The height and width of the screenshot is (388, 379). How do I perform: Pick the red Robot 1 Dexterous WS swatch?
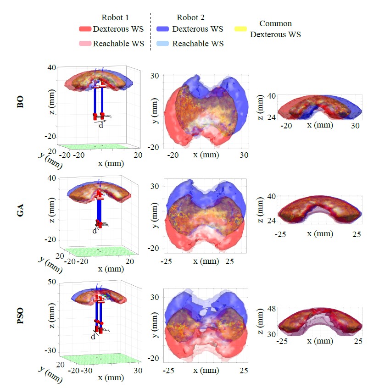(x=85, y=29)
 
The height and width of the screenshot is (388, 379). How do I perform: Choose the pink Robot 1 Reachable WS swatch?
(x=85, y=44)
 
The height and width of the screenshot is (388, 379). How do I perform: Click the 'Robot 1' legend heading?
(x=114, y=17)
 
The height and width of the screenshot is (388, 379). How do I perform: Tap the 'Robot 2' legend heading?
(x=190, y=17)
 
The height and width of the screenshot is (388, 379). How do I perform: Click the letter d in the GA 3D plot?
(x=95, y=231)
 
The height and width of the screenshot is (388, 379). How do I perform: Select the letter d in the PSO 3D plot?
(x=93, y=336)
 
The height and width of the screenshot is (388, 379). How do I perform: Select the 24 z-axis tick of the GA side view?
(x=272, y=220)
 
